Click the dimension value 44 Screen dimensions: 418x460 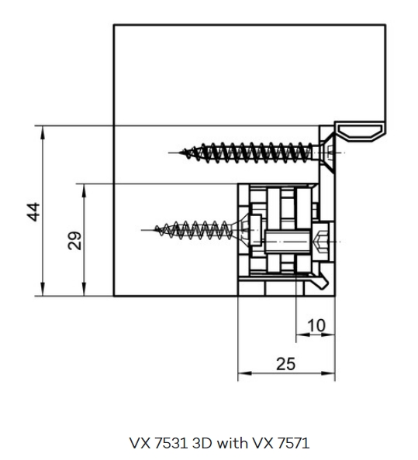tap(33, 211)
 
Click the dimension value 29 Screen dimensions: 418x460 tap(74, 241)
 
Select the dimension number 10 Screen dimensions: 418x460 tap(316, 325)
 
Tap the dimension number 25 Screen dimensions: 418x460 tap(286, 364)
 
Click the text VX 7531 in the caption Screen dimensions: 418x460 tap(159, 443)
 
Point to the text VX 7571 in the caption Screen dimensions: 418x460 tap(280, 443)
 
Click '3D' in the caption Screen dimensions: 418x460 tap(202, 443)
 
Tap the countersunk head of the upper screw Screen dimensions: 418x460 tap(326, 153)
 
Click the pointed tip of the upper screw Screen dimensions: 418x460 tap(180, 153)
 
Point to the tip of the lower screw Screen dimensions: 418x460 tap(156, 229)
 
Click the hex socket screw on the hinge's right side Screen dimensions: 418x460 tap(323, 242)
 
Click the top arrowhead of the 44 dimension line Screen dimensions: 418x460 tap(43, 132)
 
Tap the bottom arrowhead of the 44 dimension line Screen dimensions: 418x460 tap(43, 290)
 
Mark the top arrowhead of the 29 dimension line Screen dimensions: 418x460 tap(85, 190)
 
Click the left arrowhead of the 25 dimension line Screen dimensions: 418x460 tap(245, 373)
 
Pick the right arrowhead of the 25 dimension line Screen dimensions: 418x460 tap(328, 373)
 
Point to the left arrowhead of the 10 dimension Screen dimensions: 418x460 tap(303, 334)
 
